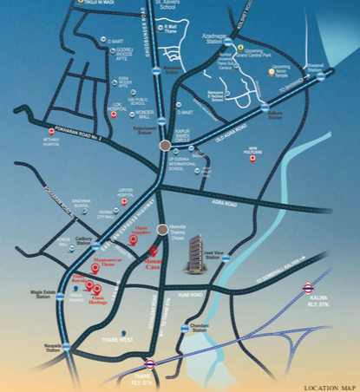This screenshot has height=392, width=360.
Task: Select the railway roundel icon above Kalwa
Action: click(307, 286)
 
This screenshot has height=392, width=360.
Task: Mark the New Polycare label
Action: click(253, 160)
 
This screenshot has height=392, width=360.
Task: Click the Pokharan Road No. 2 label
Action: click(76, 124)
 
